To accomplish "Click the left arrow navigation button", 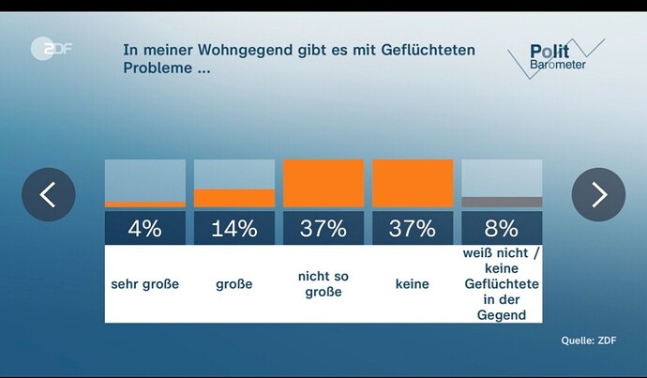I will click(49, 194).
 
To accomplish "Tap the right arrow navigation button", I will click(598, 194).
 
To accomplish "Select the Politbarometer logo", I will click(555, 58).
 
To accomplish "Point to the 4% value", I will click(145, 228).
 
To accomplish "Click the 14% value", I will click(234, 228).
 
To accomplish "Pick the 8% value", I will click(502, 228).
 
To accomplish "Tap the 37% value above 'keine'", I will click(413, 228).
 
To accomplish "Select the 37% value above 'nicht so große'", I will click(323, 228).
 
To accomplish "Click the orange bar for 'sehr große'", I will click(145, 204).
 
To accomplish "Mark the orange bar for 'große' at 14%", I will click(234, 198).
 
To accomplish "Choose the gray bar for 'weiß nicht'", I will click(502, 202).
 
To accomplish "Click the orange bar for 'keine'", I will click(413, 183).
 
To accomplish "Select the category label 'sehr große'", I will click(145, 284).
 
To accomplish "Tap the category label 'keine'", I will click(413, 284).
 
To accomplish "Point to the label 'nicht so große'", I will click(323, 284).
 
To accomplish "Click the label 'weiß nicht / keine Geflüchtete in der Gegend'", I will click(502, 284).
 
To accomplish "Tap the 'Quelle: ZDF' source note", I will click(590, 340).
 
